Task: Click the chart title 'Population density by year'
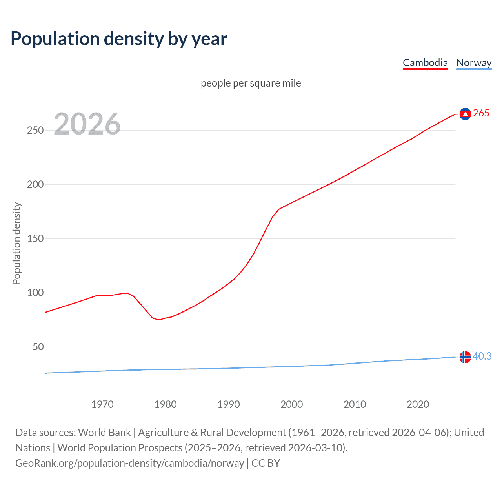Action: [119, 39]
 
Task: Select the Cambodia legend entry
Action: [425, 63]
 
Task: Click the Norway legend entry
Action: [474, 63]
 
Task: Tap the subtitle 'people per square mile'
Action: [251, 83]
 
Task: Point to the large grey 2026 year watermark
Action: [87, 124]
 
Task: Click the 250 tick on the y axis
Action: [35, 130]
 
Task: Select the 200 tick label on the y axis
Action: [35, 184]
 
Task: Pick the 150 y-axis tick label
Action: [35, 238]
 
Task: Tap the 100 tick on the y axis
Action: [35, 293]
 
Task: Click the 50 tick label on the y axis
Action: [38, 347]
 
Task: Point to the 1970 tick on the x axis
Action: [102, 404]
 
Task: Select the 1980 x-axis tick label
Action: [166, 404]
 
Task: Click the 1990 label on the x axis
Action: [229, 404]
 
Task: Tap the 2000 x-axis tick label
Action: [291, 404]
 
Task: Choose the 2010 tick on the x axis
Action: [355, 404]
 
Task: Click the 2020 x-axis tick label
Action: [418, 404]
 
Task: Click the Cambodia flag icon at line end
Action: [465, 114]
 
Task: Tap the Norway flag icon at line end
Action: [465, 357]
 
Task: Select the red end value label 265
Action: [481, 113]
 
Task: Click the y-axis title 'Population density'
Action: [16, 243]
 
